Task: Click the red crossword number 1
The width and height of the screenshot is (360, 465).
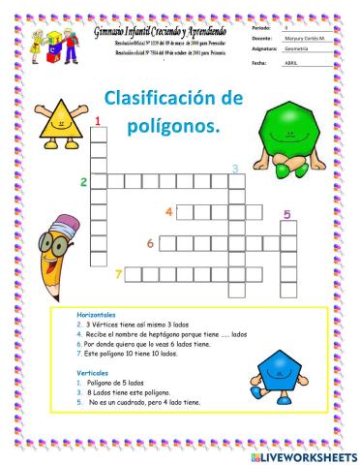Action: click(x=98, y=120)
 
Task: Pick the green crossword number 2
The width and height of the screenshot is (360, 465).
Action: click(x=84, y=181)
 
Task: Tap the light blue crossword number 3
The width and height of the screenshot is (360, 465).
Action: click(x=234, y=169)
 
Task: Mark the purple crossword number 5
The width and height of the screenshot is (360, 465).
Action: click(x=286, y=215)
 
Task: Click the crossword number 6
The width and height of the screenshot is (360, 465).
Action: click(x=150, y=243)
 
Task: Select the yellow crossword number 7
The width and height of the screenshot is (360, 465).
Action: click(x=118, y=274)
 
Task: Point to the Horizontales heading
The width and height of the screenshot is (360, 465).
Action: click(x=96, y=316)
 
